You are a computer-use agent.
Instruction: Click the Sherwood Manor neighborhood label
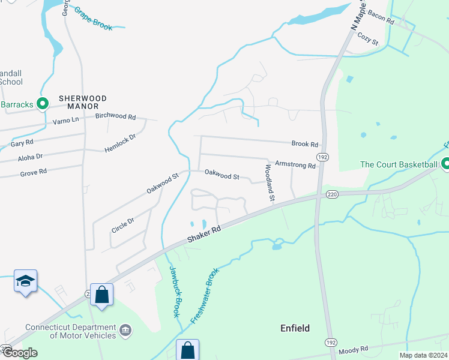82,102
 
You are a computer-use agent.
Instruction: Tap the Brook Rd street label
304,145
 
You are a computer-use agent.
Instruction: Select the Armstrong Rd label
295,164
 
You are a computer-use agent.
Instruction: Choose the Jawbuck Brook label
173,292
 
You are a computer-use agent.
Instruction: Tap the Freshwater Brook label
205,296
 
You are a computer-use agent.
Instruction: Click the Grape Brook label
93,19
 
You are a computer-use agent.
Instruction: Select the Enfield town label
295,328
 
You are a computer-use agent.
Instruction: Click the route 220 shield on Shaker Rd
333,194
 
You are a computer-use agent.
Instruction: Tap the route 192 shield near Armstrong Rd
323,157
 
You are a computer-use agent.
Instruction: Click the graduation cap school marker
26,281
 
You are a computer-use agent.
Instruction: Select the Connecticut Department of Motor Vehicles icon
125,329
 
